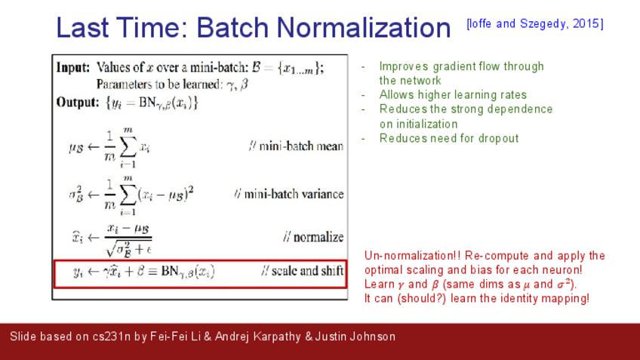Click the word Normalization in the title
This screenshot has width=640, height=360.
pos(364,28)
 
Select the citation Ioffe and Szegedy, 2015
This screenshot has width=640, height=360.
pos(534,23)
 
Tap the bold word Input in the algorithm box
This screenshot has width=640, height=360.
pos(73,67)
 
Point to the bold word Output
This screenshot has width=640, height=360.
pos(78,102)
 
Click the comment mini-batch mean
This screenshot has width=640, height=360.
pos(297,146)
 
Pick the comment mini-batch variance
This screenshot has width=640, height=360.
pos(289,194)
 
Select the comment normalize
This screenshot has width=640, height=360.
pos(313,237)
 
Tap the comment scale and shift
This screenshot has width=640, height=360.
pos(303,271)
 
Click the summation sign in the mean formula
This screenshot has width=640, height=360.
pos(128,147)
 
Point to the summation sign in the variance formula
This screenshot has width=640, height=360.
pos(128,194)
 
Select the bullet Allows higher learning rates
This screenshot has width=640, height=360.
pos(453,95)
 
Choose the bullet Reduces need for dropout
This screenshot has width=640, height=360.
pos(449,138)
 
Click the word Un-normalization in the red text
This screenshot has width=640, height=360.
pos(413,256)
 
